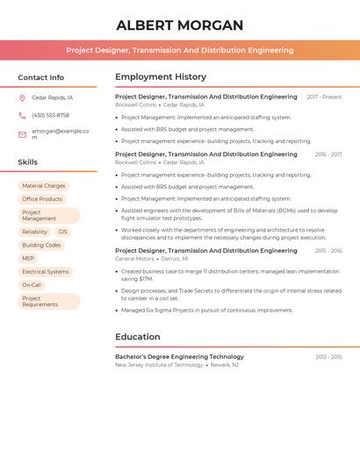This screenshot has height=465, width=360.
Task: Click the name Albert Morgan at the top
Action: [x=180, y=25]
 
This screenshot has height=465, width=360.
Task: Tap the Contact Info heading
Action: [x=40, y=77]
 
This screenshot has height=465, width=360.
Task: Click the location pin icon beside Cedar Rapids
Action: [x=22, y=98]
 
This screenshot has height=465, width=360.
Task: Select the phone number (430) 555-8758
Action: [x=50, y=116]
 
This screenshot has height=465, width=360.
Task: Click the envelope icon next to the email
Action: [x=22, y=134]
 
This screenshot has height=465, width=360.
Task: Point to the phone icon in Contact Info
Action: [x=22, y=116]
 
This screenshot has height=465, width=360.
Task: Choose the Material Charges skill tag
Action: [x=43, y=186]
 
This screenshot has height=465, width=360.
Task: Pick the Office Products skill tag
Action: [x=42, y=199]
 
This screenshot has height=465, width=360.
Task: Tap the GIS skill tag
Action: [x=63, y=232]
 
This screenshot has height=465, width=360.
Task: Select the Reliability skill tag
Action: [x=35, y=232]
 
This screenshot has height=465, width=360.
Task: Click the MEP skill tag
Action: [x=28, y=259]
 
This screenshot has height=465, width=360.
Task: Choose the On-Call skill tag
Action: [x=32, y=285]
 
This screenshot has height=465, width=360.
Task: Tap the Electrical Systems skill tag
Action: [x=45, y=272]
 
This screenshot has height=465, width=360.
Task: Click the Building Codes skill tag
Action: [x=41, y=246]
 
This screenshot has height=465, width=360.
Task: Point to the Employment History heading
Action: [x=161, y=77]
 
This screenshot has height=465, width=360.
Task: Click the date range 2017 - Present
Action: [x=324, y=97]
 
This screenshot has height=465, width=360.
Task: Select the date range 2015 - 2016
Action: [x=328, y=251]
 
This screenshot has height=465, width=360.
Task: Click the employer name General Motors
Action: [x=134, y=259]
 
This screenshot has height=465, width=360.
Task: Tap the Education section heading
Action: [x=139, y=337]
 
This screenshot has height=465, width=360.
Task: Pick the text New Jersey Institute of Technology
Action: [x=159, y=365]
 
